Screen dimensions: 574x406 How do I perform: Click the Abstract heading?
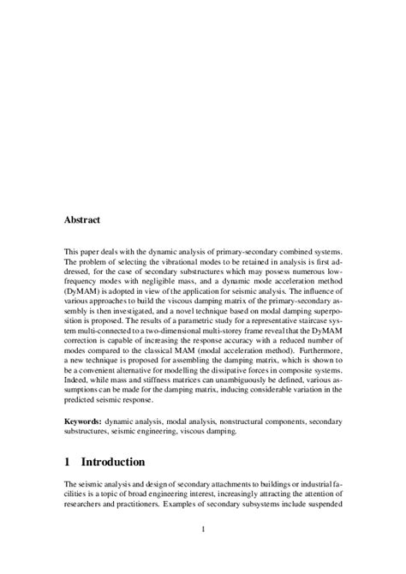point(82,220)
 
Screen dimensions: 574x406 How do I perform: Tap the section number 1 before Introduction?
point(69,462)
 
